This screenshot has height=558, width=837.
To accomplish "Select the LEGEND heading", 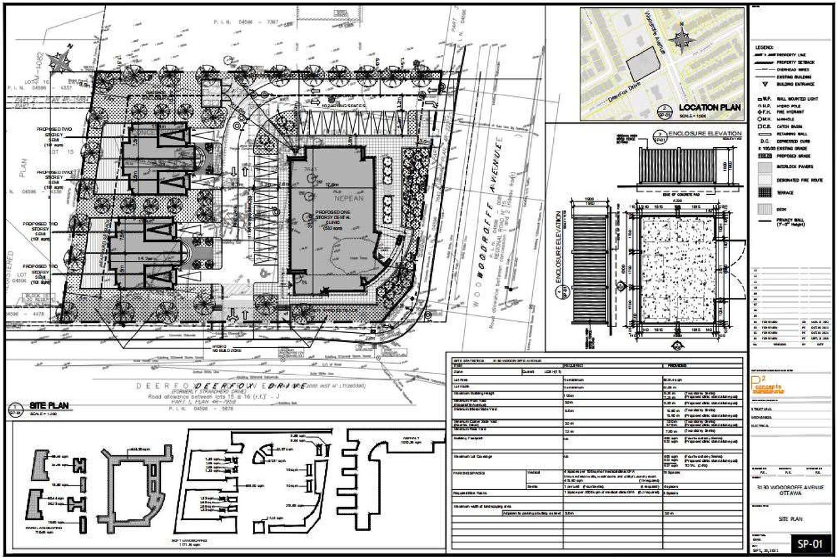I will coord(764,48).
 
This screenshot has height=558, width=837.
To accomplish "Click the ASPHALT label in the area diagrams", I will coord(415,438).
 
